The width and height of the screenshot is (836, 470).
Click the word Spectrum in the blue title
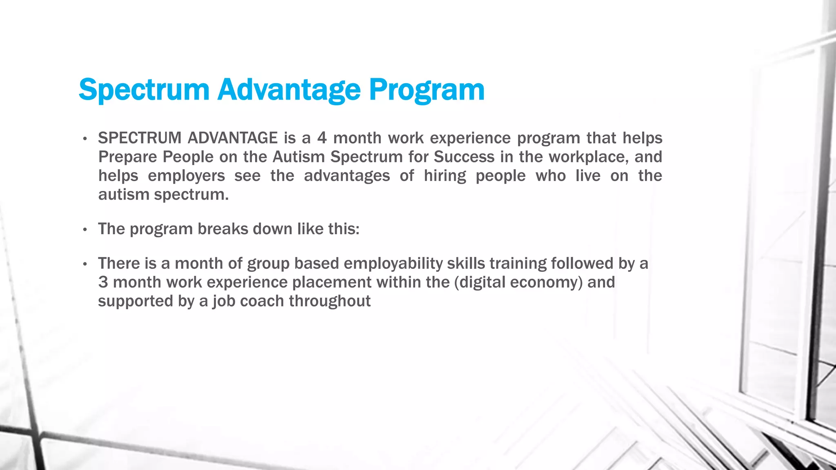[144, 90]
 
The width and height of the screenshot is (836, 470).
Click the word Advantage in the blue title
[289, 90]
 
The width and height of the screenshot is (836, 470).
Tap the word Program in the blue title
[427, 90]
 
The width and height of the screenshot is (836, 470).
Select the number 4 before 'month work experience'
[322, 138]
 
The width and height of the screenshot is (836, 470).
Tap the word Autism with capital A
[299, 157]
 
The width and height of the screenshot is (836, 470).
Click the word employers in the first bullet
[186, 176]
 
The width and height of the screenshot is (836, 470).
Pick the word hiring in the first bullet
[445, 176]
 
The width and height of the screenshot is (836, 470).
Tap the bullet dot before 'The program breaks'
[85, 230]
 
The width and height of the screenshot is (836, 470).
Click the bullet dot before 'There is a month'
[85, 264]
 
